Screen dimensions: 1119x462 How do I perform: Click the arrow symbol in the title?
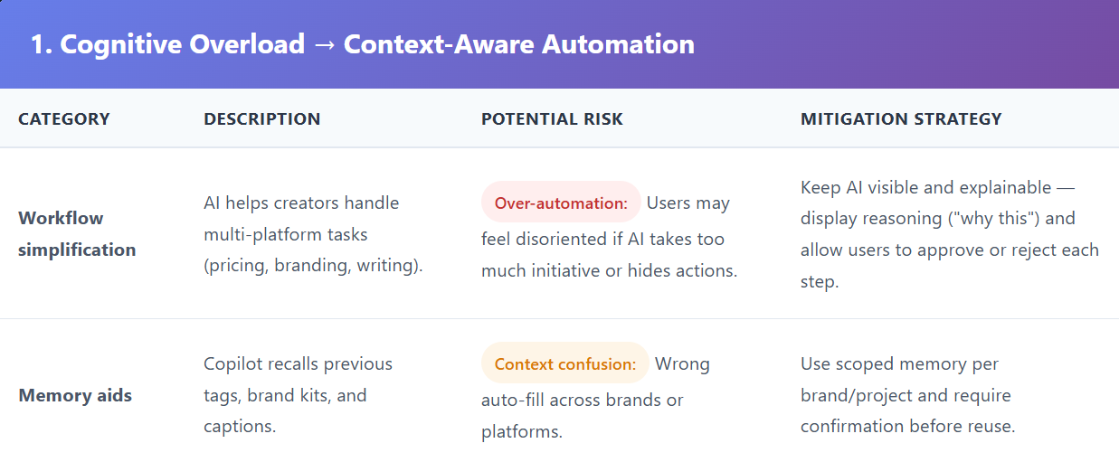324,44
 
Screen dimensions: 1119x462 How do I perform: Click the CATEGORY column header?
64,118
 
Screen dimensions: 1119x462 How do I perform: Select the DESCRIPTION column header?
261,118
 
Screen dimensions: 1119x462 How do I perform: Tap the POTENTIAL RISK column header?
552,118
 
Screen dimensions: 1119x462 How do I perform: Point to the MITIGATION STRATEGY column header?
901,118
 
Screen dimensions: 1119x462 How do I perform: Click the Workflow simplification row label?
77,234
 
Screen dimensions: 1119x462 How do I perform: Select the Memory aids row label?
75,395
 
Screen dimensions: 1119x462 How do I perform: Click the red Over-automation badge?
561,202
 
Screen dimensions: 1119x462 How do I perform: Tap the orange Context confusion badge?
565,363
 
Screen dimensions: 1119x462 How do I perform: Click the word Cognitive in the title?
120,45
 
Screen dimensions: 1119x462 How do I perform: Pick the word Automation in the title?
618,44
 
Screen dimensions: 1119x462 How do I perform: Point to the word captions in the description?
240,426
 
